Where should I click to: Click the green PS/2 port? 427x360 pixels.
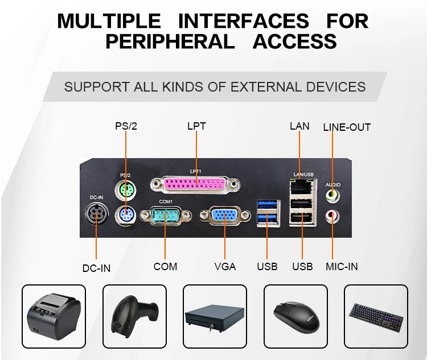[126, 189]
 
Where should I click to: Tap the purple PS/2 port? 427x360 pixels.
[126, 214]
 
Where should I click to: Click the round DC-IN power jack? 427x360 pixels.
[96, 214]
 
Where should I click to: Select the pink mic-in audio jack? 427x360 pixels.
[332, 216]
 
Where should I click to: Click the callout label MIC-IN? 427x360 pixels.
[342, 266]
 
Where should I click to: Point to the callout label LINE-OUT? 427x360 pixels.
[347, 127]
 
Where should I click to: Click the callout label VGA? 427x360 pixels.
[225, 266]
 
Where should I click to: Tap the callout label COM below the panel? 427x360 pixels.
[165, 266]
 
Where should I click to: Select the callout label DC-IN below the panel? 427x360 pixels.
[96, 268]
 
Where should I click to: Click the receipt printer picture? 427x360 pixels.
[54, 317]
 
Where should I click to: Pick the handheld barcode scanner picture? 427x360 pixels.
[134, 317]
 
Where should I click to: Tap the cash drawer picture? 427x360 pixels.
[215, 317]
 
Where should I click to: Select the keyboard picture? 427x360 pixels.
[376, 317]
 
